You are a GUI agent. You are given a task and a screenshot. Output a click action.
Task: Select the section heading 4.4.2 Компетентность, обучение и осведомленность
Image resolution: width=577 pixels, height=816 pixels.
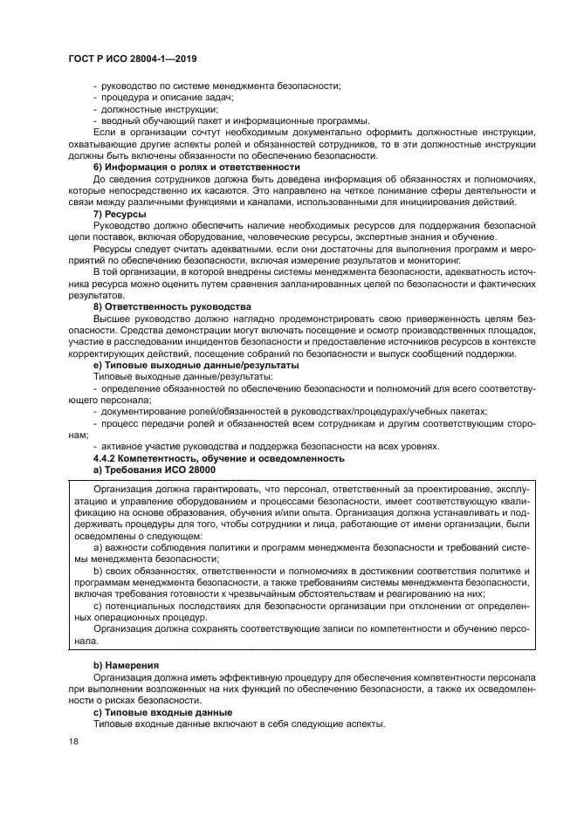coord(219,458)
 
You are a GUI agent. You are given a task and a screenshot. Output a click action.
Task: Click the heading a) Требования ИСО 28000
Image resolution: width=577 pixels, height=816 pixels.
coord(155,470)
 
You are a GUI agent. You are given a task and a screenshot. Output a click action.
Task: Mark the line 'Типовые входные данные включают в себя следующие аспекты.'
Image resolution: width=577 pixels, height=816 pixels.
coord(237,724)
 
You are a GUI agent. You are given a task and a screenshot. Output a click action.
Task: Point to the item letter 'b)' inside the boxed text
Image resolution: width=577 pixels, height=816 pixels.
coord(98,569)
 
